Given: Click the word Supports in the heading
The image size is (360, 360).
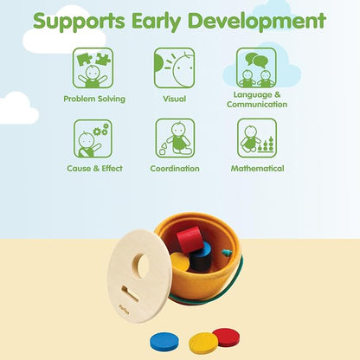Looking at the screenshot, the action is (x=79, y=22).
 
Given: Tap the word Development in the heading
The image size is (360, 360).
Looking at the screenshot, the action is (x=257, y=21).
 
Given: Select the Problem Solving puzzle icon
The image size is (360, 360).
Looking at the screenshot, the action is (x=93, y=68).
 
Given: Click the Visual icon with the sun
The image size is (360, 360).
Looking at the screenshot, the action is (x=174, y=68).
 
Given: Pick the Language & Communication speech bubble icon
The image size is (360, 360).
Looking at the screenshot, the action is (x=256, y=67).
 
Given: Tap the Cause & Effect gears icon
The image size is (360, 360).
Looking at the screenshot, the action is (x=93, y=138).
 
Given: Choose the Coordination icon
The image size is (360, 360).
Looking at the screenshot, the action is (x=175, y=138).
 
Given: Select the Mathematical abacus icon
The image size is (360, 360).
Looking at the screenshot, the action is (x=257, y=138).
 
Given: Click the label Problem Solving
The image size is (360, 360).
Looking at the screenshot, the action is (x=94, y=99).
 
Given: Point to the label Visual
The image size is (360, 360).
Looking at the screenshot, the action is (x=174, y=99).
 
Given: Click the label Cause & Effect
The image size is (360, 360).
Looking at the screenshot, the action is (x=94, y=169).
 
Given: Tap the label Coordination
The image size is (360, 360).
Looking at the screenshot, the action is (x=175, y=169).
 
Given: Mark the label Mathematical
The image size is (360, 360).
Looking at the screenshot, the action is (x=257, y=169).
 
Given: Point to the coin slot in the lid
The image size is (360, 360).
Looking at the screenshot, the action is (x=129, y=293).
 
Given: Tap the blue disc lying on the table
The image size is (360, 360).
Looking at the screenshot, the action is (x=164, y=341).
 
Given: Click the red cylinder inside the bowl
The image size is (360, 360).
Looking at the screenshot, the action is (x=190, y=239).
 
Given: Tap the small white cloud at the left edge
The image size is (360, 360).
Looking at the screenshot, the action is (x=17, y=108).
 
